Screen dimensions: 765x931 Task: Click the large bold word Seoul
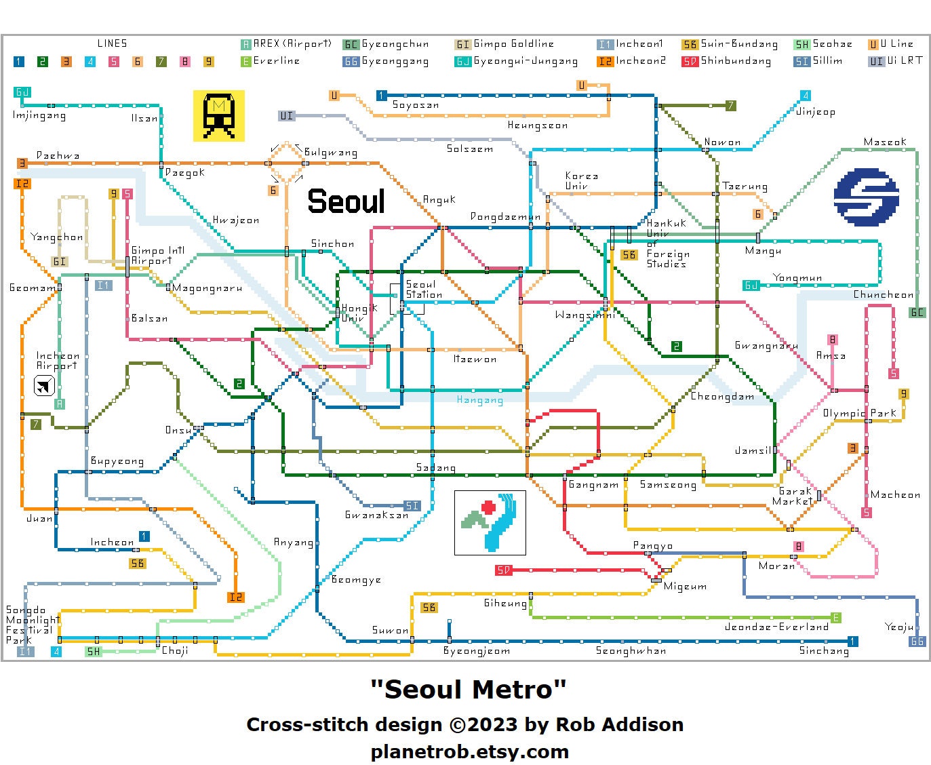[x=346, y=201]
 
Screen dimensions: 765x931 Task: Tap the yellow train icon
[x=218, y=116]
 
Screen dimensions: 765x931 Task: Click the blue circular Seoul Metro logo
[x=866, y=197]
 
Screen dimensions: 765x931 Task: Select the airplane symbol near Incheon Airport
[x=44, y=387]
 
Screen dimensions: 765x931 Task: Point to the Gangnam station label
[x=593, y=485]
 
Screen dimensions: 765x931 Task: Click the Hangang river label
[x=479, y=400]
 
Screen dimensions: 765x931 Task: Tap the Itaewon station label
[x=475, y=359]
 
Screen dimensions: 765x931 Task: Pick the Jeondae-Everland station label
[x=776, y=627]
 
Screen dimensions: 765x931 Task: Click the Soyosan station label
[x=416, y=105]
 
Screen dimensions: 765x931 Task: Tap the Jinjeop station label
[x=815, y=112]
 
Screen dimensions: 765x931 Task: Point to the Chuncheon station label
[x=883, y=295]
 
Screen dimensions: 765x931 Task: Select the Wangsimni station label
[x=585, y=315]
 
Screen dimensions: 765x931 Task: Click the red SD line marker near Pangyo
[x=502, y=570]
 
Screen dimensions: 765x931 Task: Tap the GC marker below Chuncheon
[x=917, y=313]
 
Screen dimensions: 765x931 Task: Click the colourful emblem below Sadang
[x=490, y=523]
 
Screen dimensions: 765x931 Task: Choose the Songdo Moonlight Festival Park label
[x=33, y=625]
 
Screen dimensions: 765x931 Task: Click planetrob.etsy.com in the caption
[x=469, y=751]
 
